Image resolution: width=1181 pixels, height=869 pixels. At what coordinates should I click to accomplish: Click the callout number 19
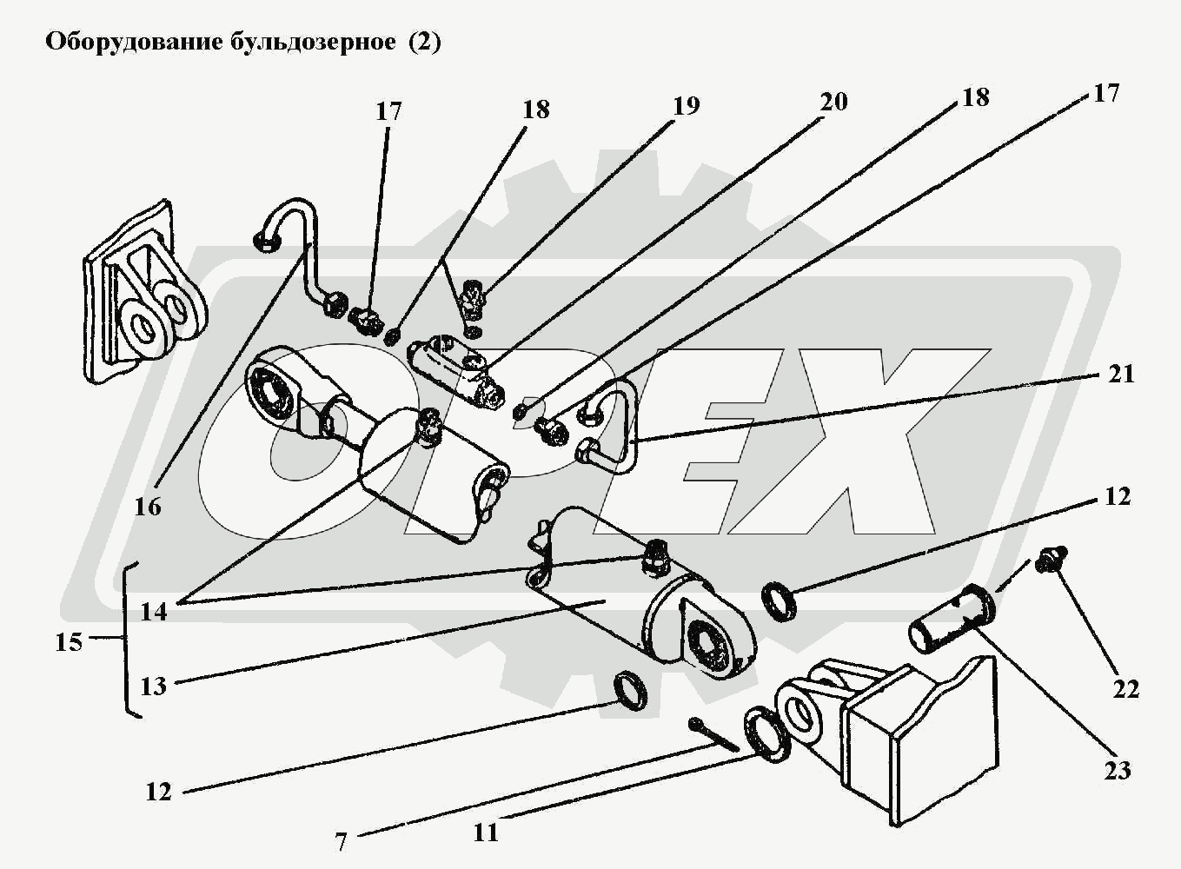tap(686, 106)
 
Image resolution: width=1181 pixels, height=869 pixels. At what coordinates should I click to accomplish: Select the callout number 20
tap(833, 102)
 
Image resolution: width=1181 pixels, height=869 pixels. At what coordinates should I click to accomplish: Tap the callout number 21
tap(1121, 374)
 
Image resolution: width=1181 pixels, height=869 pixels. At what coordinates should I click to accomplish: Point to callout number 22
tap(1125, 689)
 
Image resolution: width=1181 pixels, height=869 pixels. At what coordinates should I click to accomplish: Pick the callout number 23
tap(1117, 770)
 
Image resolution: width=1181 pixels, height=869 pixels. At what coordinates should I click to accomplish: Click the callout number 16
tap(148, 506)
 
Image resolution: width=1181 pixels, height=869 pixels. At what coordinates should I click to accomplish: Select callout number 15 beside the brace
tap(68, 643)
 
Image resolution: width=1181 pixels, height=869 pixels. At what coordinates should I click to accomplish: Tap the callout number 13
tap(153, 687)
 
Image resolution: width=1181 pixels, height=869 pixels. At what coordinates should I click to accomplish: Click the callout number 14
tap(153, 611)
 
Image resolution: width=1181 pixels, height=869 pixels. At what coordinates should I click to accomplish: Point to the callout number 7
tap(341, 841)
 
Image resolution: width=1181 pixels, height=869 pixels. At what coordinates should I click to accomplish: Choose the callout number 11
tap(486, 832)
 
